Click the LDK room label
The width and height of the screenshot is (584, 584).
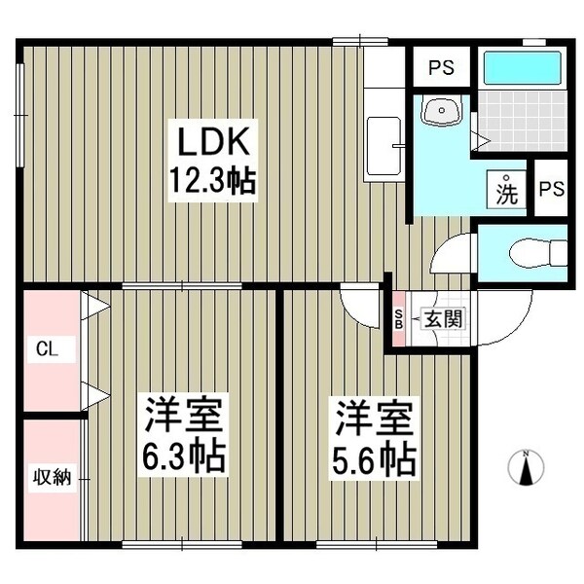click(213, 143)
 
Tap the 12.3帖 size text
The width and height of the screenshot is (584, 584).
click(213, 181)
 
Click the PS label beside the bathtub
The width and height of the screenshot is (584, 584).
click(442, 68)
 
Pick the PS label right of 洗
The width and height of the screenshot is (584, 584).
click(551, 190)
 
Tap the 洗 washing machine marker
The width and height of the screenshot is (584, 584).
click(507, 190)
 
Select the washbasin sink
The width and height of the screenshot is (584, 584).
click(441, 113)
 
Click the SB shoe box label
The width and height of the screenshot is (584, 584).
click(398, 318)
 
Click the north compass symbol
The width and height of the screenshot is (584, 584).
click(527, 469)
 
